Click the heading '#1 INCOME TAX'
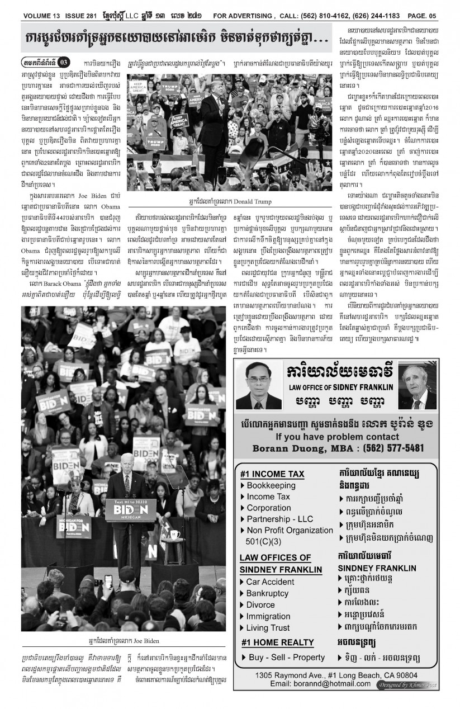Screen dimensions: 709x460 click(272, 474)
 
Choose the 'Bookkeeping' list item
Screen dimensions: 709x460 click(271, 485)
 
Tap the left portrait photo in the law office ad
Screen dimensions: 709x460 click(259, 385)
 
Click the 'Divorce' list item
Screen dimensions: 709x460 click(260, 604)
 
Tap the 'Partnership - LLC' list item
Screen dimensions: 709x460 click(280, 519)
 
